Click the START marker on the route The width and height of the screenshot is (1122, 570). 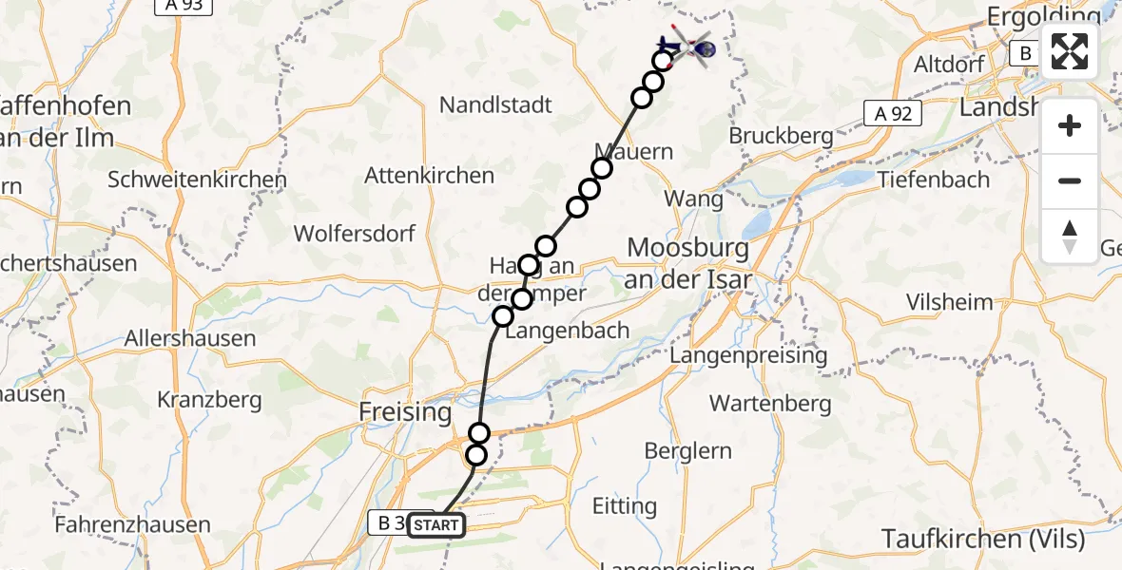[x=437, y=524]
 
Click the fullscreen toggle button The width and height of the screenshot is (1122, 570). [x=1070, y=51]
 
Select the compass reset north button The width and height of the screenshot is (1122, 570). [x=1070, y=237]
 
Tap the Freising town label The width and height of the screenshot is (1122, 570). [x=405, y=412]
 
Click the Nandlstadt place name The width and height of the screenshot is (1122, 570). [x=496, y=104]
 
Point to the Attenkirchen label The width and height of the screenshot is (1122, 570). [x=430, y=176]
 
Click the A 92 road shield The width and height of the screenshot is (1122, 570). [x=893, y=115]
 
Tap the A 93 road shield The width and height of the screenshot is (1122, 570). [x=184, y=6]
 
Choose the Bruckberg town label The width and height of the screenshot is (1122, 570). [x=782, y=136]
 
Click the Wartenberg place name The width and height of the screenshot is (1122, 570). [x=770, y=404]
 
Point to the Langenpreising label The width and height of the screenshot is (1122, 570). [x=748, y=354]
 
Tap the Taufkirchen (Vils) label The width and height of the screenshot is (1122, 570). [x=982, y=540]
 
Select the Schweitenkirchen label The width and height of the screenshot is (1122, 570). [x=197, y=180]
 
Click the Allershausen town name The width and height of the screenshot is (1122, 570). [x=190, y=338]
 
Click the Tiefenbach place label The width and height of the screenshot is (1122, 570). [x=934, y=180]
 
